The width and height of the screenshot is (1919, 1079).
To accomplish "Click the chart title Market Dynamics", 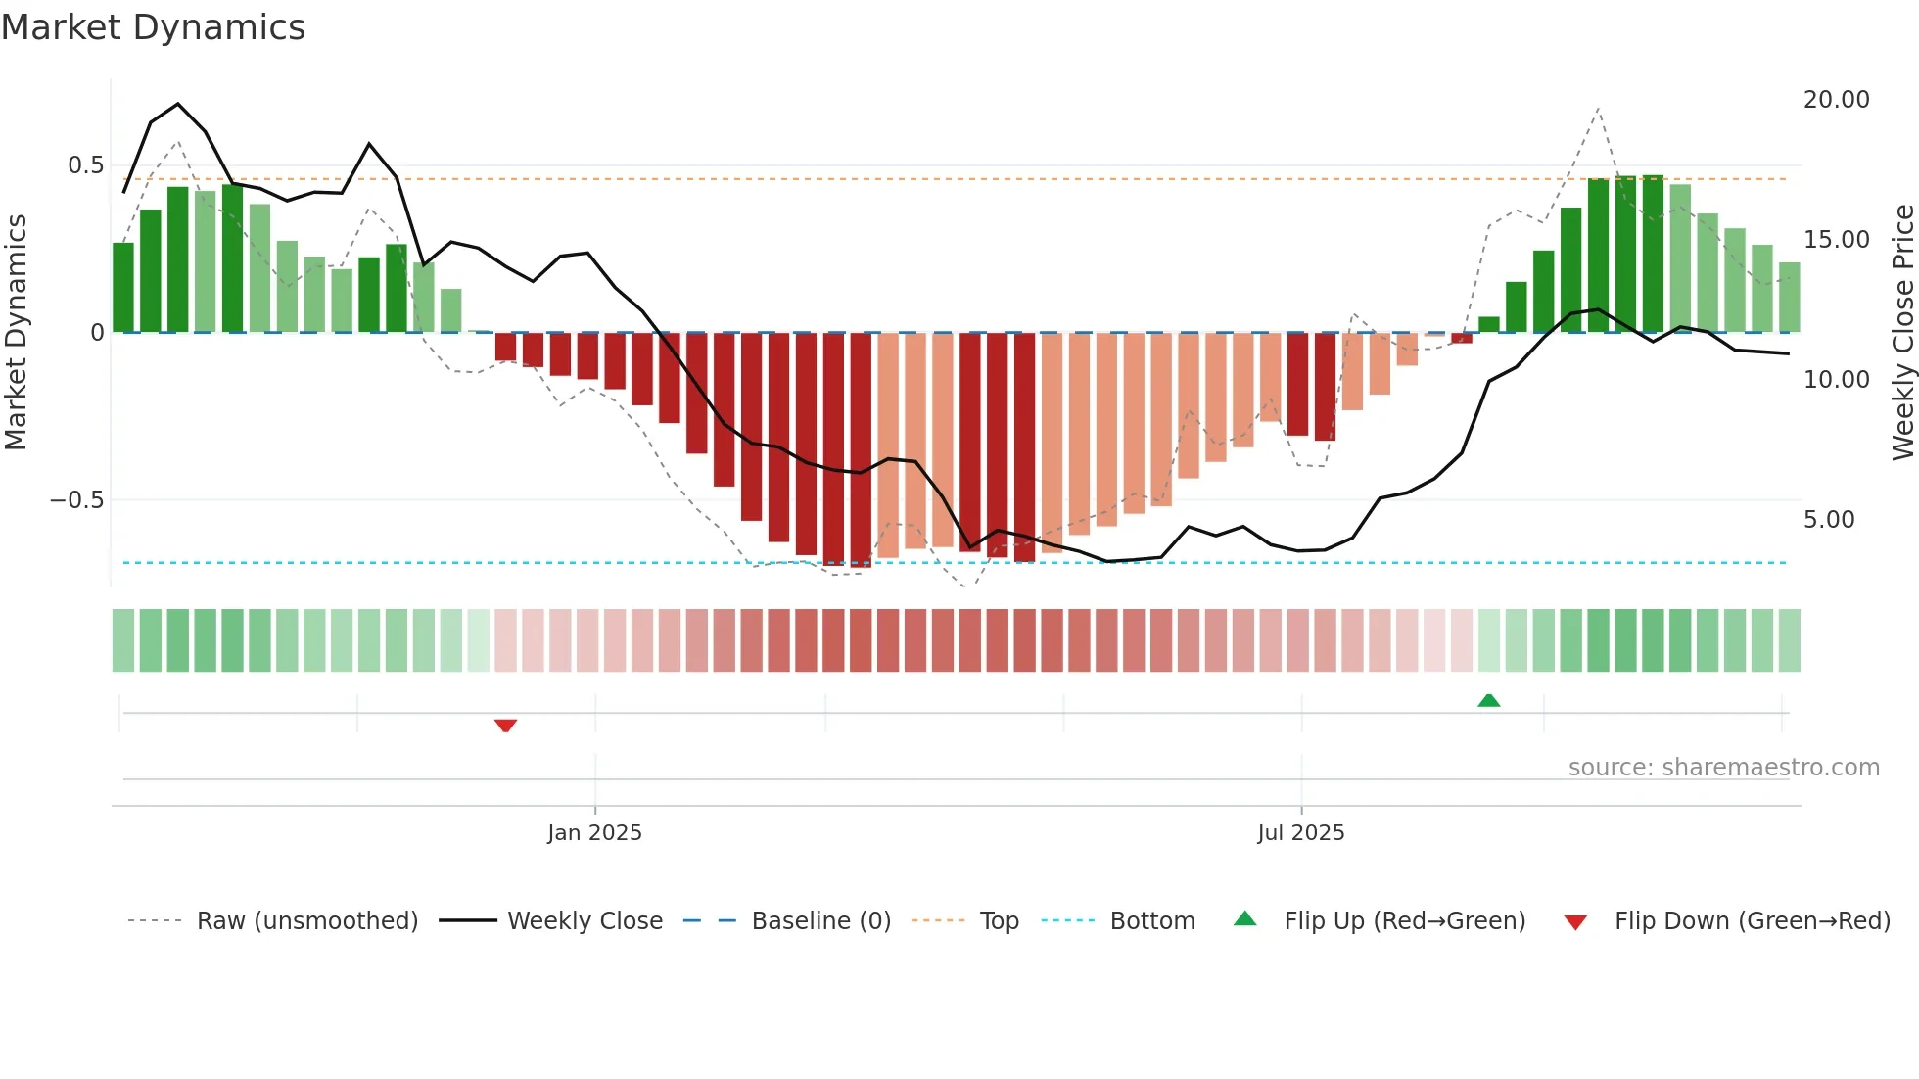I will [153, 27].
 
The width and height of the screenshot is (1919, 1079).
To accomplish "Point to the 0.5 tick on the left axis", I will [85, 165].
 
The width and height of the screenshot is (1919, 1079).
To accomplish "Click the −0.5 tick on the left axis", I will [76, 500].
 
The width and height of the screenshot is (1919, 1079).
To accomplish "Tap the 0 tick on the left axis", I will [97, 333].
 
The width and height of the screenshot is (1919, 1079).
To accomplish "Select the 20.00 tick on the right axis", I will [1836, 100].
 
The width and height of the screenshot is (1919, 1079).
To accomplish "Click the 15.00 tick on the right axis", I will [1836, 240].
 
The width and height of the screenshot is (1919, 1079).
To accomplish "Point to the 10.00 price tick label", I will [1836, 380].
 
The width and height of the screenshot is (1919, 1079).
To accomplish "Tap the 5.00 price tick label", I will [1828, 520].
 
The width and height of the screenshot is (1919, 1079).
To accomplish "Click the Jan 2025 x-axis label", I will [594, 833].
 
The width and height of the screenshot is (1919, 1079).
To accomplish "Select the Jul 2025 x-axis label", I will [1300, 833].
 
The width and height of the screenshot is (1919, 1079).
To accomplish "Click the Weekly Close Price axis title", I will [1901, 333].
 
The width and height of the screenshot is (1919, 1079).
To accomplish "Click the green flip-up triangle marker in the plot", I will [1488, 700].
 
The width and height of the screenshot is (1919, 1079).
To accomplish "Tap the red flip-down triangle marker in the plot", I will [505, 726].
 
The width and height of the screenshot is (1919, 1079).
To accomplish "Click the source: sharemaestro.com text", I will [1723, 768].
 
